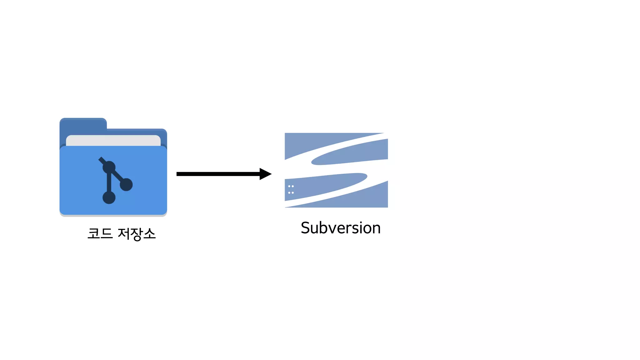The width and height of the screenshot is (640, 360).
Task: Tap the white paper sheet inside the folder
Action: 113,140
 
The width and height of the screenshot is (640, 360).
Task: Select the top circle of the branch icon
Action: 109,167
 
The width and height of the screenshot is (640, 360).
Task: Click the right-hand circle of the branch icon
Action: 126,184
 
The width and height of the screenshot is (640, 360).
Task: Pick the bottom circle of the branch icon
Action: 109,197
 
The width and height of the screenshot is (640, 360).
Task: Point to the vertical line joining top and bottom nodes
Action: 109,183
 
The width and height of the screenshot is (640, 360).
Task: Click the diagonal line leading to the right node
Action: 118,176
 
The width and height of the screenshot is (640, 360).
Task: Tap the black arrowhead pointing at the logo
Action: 265,174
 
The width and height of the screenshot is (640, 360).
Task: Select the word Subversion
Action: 341,228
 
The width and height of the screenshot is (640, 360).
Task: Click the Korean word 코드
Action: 100,233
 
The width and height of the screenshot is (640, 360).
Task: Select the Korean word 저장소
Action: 137,234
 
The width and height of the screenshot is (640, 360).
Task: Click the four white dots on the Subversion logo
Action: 291,189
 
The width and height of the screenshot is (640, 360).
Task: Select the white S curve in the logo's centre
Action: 337,169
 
